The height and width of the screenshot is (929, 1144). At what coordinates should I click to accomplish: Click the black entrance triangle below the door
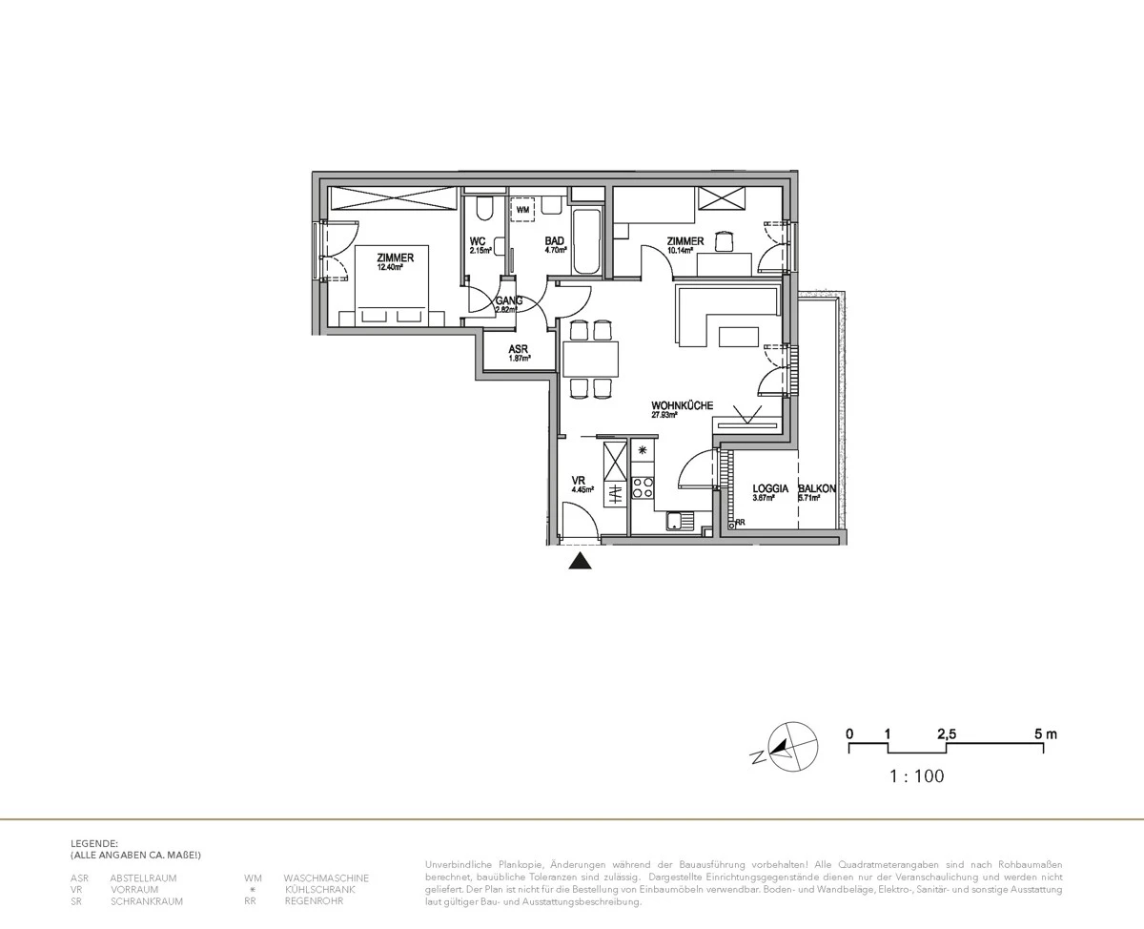coord(580,562)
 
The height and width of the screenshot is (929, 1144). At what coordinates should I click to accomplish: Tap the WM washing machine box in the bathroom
coord(522,209)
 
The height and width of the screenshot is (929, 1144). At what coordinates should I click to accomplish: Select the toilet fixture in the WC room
coord(483,209)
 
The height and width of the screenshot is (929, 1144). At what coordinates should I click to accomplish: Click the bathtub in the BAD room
coord(586,241)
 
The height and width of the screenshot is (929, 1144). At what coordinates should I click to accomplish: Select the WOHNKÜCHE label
coord(683,405)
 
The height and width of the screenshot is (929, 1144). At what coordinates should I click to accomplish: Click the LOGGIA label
coord(769,487)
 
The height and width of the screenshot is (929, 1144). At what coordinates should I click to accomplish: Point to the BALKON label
coord(818,487)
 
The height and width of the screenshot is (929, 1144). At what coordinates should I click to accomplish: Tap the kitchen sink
coord(680,521)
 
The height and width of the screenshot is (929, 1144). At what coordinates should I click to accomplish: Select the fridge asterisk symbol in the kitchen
coord(643,450)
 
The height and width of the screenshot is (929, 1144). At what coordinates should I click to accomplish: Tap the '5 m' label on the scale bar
coord(1045,734)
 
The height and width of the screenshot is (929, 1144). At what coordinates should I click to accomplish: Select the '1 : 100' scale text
coord(916,776)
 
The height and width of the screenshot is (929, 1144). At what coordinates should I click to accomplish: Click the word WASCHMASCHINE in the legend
coord(326,877)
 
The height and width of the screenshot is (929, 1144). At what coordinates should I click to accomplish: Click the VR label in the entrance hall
coord(578,481)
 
